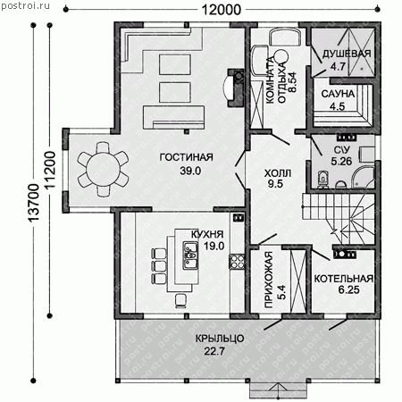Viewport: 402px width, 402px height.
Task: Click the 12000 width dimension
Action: point(222,10)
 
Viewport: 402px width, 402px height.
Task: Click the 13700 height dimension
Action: point(33,203)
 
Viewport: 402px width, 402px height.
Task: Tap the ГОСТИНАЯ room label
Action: point(187,157)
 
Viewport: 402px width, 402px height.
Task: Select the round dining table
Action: point(103,169)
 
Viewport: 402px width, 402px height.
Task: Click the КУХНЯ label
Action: point(207,234)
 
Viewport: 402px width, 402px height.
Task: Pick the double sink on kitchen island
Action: point(190,255)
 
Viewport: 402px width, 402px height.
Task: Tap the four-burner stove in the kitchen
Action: point(237,262)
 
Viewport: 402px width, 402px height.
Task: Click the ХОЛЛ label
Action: point(278,173)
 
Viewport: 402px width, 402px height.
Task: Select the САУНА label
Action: point(338,94)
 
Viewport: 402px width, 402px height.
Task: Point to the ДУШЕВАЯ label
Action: point(347,54)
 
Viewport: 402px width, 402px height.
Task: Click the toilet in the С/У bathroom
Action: point(322,180)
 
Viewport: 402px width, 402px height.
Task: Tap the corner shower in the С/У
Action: point(363,177)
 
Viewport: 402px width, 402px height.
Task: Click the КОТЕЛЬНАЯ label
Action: point(344,279)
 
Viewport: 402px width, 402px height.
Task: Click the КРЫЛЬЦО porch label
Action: point(220,339)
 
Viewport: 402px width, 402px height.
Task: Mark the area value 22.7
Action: point(214,351)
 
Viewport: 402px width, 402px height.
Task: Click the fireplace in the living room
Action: point(234,88)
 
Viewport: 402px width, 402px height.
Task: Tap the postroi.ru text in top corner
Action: point(25,5)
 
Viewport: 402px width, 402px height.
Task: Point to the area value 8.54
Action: point(292,82)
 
